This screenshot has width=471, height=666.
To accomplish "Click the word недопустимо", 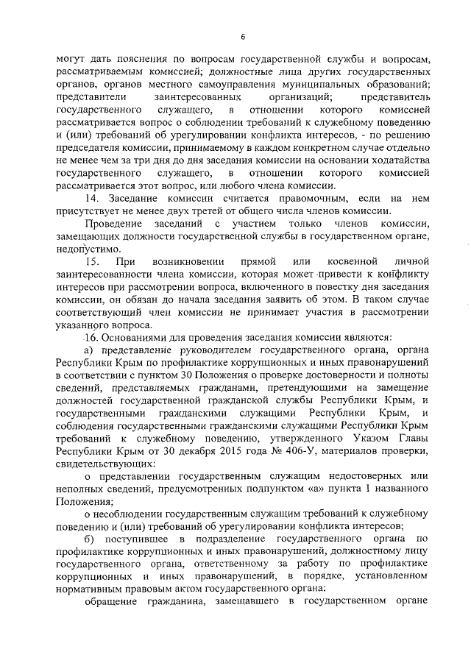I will coord(86,248).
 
